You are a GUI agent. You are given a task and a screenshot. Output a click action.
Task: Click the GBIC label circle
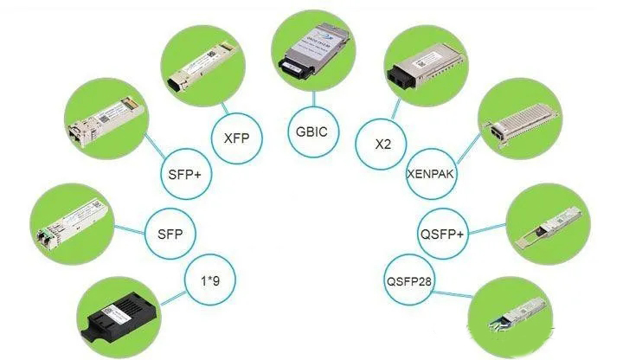pos(311,133)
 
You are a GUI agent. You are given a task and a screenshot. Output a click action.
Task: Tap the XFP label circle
pos(235,137)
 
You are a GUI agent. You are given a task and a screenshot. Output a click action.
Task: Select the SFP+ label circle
pos(185,175)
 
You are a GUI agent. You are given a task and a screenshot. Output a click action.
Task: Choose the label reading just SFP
pos(170,234)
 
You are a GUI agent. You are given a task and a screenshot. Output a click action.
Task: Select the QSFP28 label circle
pos(408,280)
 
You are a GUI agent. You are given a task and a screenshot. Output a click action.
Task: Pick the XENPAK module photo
pos(517,120)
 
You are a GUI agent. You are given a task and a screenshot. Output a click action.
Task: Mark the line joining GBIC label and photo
pos(311,96)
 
